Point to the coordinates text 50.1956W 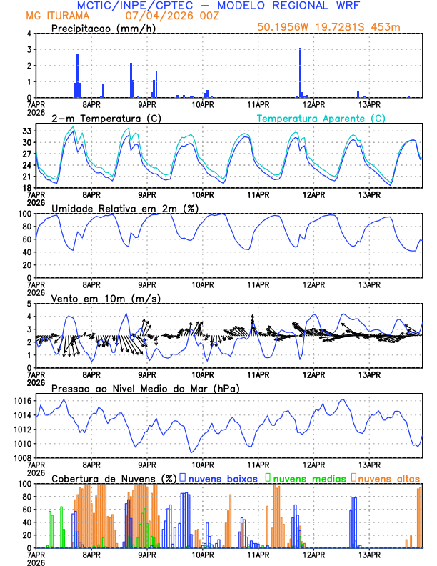283,27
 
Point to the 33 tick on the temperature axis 26,131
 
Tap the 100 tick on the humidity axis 24,214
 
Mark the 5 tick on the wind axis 29,304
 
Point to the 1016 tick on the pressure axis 21,402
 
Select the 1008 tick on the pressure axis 21,457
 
